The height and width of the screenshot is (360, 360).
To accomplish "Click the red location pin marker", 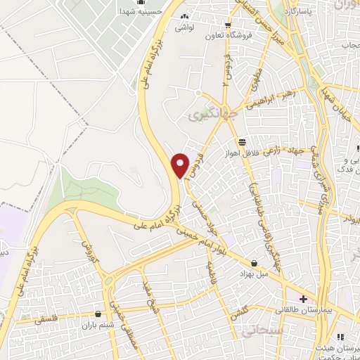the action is click(x=181, y=165).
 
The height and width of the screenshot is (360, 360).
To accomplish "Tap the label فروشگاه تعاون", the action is click(x=228, y=35).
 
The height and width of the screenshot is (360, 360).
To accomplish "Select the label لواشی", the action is click(x=185, y=27).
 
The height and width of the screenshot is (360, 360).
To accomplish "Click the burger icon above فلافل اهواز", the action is click(x=242, y=141).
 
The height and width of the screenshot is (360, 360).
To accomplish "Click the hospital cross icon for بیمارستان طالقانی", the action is click(x=303, y=298).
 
